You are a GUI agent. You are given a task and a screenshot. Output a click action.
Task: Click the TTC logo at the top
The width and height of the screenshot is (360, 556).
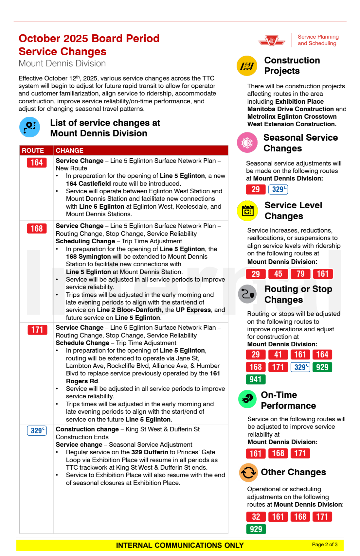[x=272, y=41]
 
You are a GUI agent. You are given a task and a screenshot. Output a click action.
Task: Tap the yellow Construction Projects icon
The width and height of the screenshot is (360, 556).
[x=247, y=66]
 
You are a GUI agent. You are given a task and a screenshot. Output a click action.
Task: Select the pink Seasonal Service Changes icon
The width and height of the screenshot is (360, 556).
[x=247, y=143]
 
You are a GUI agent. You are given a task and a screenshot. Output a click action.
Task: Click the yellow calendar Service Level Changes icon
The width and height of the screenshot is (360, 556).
[x=247, y=211]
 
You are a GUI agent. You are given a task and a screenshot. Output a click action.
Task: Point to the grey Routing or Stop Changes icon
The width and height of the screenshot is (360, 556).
[x=247, y=294]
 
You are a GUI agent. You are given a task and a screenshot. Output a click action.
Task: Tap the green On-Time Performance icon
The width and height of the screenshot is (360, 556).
[x=247, y=399]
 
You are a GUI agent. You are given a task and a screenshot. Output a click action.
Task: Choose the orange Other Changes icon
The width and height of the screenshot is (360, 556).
[x=248, y=473]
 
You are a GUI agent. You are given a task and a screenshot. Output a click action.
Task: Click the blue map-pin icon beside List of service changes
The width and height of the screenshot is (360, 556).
[x=29, y=127]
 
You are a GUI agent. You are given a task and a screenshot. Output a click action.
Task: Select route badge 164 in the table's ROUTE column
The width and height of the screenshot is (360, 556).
[x=37, y=163]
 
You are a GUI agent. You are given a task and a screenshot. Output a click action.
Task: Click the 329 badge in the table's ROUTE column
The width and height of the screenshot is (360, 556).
[x=37, y=430]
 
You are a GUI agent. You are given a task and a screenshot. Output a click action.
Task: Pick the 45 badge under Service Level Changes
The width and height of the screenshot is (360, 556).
[x=278, y=274]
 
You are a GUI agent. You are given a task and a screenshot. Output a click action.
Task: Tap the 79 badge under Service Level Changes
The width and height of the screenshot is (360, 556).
[x=300, y=274]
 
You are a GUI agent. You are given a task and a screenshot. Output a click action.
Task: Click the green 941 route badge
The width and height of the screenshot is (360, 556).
[x=256, y=379]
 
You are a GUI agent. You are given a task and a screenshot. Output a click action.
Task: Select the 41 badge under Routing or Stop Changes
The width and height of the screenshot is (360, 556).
[x=278, y=355]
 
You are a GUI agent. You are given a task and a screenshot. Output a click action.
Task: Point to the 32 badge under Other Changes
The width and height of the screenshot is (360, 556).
[x=256, y=517]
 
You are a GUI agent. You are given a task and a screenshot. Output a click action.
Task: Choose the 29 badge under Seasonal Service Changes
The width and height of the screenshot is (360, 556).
[x=256, y=189]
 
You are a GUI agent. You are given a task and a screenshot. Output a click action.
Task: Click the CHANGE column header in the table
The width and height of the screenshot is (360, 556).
[x=69, y=150]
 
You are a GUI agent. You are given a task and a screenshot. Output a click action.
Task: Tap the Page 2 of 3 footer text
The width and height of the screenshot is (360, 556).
[x=325, y=545]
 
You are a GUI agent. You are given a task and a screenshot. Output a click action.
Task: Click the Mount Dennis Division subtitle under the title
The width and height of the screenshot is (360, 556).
[x=62, y=63]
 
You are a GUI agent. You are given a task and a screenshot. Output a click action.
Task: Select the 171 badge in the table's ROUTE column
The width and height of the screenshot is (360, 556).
[x=37, y=330]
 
